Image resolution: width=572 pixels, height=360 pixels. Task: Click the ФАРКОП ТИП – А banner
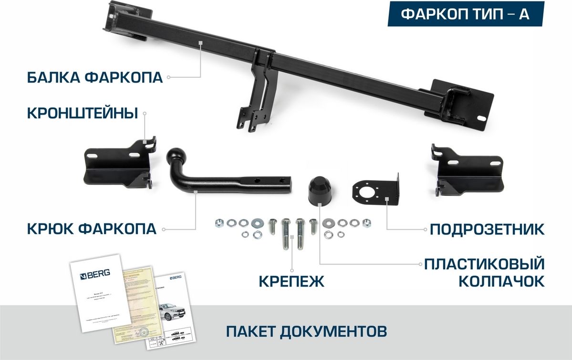(465, 14)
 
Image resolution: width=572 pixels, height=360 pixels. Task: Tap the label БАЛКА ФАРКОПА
(94, 77)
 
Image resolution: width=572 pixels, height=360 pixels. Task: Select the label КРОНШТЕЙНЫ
(83, 113)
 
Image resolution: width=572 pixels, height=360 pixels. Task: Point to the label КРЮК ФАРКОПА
(91, 229)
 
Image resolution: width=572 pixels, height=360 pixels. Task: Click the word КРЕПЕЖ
(291, 281)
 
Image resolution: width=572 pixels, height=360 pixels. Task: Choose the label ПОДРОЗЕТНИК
(487, 229)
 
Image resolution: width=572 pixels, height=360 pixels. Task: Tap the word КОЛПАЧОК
(501, 281)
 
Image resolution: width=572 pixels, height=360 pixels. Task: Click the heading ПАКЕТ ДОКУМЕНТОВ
(306, 330)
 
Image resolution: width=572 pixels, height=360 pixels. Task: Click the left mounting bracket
(119, 165)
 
